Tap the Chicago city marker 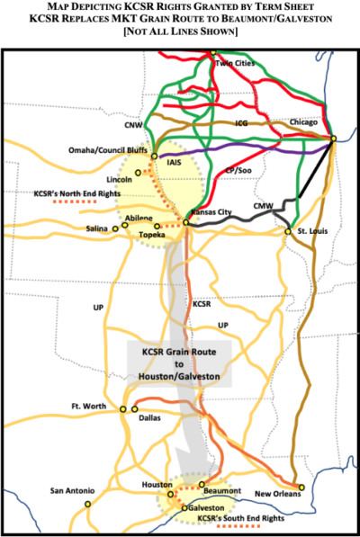pyautogui.click(x=333, y=138)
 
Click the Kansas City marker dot pyautogui.click(x=184, y=222)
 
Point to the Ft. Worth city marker pyautogui.click(x=122, y=409)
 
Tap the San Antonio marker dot pyautogui.click(x=87, y=503)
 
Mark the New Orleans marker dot pyautogui.click(x=301, y=488)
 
